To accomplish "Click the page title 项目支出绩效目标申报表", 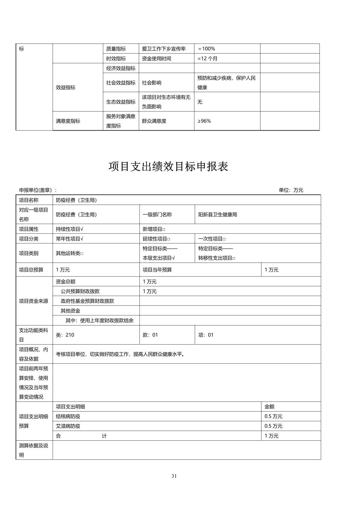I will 168,166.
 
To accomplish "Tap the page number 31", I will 174,476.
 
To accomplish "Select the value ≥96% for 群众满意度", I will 204,121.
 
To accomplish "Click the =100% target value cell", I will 206,49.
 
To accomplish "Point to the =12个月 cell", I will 207,58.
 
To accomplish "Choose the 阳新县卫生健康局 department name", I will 218,214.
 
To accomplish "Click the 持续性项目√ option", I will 69,229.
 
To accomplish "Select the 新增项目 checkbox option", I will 154,229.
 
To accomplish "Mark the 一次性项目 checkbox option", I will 212,239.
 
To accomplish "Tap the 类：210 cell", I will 65,335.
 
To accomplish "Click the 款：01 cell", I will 150,335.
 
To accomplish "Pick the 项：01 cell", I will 206,335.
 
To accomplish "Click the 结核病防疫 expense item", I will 68,416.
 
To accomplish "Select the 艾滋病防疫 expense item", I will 68,426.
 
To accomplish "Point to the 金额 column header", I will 269,407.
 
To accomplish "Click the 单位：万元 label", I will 291,190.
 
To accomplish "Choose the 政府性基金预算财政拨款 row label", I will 87,301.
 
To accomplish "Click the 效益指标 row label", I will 66,87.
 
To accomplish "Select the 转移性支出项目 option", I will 217,258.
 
